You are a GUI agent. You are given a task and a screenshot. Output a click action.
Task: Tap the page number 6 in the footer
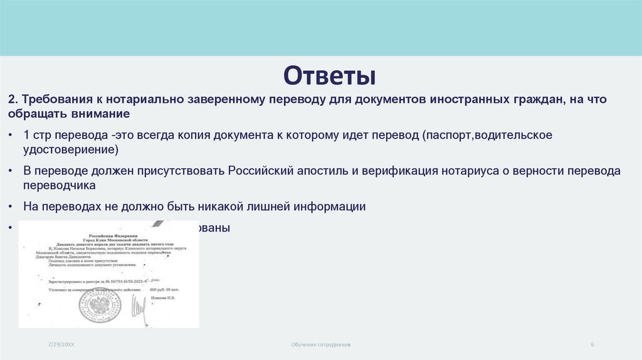pos(592,345)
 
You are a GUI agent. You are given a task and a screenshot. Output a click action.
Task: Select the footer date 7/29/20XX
pos(60,345)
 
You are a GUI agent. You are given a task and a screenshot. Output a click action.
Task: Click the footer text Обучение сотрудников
pos(320,345)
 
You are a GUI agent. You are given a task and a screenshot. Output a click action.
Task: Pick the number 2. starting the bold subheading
pos(14,100)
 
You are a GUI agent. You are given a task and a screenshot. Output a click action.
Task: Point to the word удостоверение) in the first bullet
pos(70,151)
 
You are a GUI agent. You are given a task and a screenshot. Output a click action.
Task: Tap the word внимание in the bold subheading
pos(100,114)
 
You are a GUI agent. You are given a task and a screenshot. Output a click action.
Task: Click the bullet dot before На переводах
pos(13,206)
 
